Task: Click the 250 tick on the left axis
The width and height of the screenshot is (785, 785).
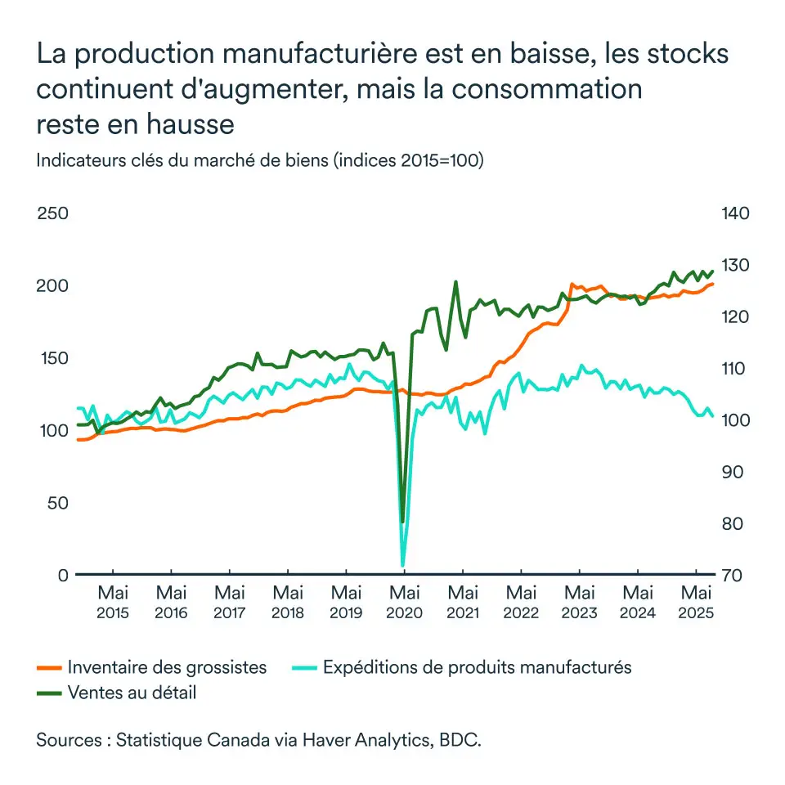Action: point(52,213)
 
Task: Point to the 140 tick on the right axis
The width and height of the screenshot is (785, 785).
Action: point(735,213)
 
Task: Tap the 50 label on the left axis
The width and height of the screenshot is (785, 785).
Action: point(57,503)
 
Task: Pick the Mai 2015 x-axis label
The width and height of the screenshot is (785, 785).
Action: point(113,602)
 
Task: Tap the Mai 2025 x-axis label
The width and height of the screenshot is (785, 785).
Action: point(696,602)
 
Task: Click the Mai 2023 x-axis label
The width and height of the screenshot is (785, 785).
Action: point(580,602)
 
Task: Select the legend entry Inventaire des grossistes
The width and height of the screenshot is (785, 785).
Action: point(168,667)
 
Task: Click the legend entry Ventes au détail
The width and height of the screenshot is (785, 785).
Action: point(132,693)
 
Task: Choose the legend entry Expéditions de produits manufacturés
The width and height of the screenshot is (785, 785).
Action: point(477,667)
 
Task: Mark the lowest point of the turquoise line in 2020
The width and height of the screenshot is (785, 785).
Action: point(402,565)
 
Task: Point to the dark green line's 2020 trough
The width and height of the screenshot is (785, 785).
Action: point(402,522)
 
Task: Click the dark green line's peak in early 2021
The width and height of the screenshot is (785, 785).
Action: point(455,282)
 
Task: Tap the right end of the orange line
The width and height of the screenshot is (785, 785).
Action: point(713,284)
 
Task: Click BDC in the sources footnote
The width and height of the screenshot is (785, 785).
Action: point(460,741)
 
